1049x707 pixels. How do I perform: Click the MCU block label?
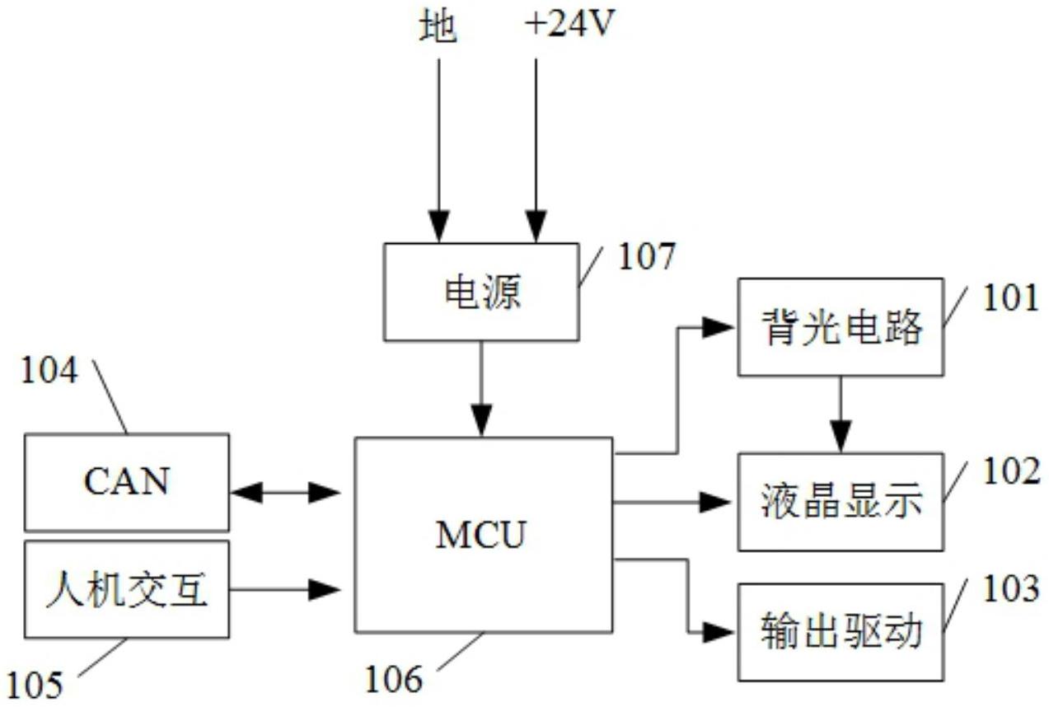click(x=480, y=535)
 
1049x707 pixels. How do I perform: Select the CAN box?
click(x=127, y=482)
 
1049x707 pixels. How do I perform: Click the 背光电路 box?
click(x=841, y=327)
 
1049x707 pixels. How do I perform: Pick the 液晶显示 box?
click(x=841, y=502)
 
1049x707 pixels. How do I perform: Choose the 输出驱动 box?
click(x=841, y=632)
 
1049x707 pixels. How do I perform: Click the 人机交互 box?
click(x=127, y=590)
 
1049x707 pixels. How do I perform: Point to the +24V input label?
click(x=568, y=27)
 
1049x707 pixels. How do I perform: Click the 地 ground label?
click(x=438, y=28)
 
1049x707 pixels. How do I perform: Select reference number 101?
click(x=1010, y=298)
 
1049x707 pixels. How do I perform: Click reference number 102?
click(x=1010, y=471)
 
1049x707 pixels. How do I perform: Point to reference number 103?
click(x=1010, y=590)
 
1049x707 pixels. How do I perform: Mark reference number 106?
click(x=393, y=680)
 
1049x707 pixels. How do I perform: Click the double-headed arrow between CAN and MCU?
click(x=285, y=493)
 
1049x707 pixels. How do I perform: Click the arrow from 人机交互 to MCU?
click(x=285, y=589)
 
